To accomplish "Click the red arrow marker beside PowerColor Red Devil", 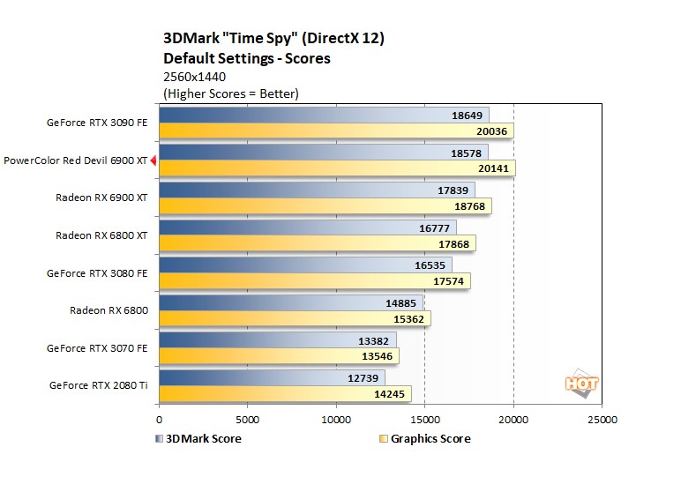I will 153,160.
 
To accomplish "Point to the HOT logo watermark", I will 581,384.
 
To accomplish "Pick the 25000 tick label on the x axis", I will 602,420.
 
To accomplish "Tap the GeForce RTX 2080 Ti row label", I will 98,385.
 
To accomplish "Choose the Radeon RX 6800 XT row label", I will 101,235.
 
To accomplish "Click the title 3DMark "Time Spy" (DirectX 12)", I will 273,39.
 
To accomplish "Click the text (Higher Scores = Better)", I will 231,93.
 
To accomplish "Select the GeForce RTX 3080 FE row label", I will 97,273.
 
